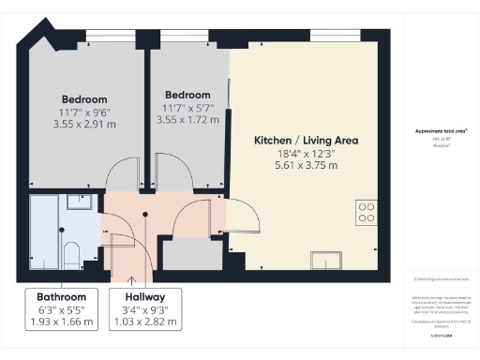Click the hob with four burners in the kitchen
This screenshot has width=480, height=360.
click(366, 214)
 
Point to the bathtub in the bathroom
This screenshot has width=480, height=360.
click(44, 230)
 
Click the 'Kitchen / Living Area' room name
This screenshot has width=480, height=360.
click(307, 141)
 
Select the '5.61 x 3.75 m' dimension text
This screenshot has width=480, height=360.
click(307, 166)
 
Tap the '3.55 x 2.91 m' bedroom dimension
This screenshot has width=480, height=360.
click(84, 123)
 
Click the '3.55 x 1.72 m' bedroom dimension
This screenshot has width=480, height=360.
click(187, 119)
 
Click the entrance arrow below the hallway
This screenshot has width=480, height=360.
click(131, 278)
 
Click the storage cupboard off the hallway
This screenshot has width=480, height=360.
click(190, 254)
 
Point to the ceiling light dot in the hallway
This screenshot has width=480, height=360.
click(145, 215)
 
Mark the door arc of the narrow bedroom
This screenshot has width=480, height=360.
click(172, 174)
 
